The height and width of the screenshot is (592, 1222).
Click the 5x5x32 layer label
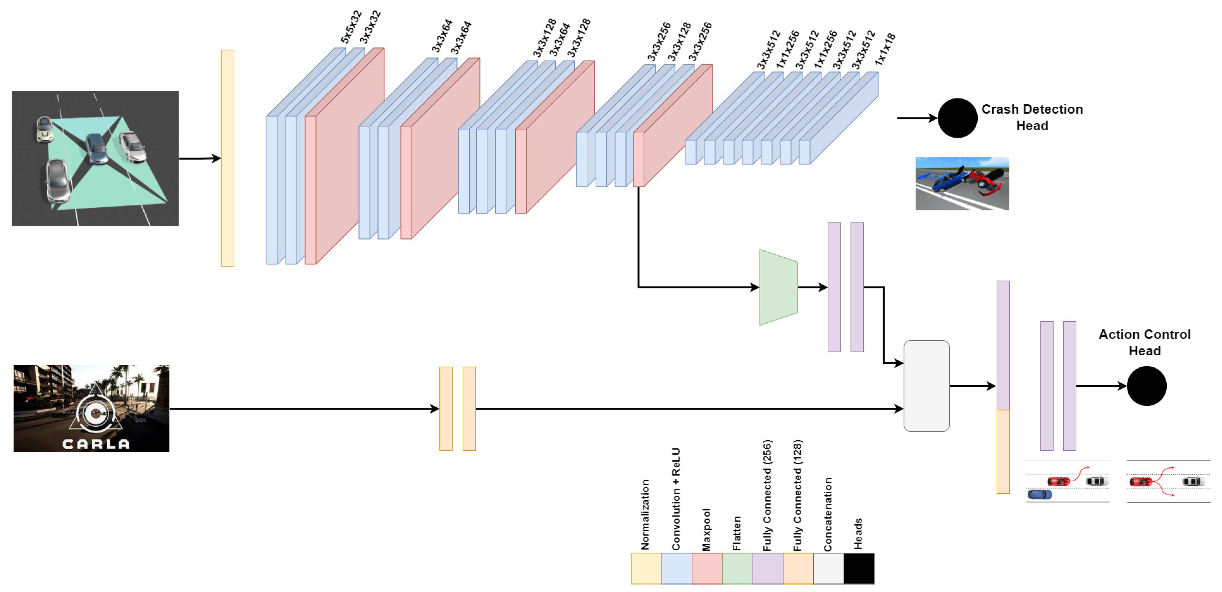(x=351, y=27)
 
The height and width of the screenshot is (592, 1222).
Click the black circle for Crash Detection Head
(x=957, y=118)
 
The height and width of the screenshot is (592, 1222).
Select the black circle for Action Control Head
(x=1147, y=386)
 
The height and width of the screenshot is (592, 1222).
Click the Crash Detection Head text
(x=1032, y=117)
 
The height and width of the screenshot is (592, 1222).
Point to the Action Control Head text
(x=1144, y=342)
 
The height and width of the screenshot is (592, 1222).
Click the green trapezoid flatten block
(x=778, y=287)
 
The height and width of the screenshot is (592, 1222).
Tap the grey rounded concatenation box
(x=926, y=386)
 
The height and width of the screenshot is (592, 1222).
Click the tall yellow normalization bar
(x=227, y=158)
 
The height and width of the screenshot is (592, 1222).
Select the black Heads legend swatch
(x=859, y=568)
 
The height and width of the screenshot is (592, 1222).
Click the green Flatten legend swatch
(x=737, y=568)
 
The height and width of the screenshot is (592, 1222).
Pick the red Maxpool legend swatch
(x=707, y=568)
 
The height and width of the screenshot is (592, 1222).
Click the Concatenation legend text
(x=828, y=515)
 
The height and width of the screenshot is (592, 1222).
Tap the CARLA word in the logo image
(x=96, y=444)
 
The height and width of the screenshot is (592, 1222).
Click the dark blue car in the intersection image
(x=97, y=149)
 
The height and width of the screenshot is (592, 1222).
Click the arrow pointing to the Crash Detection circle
(x=916, y=118)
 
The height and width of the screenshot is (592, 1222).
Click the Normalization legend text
(x=645, y=515)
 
